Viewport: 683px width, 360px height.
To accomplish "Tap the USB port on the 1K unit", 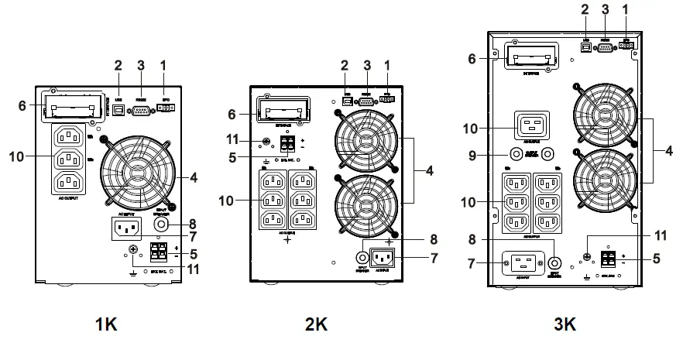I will click(118, 111).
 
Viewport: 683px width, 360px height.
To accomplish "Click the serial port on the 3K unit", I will click(606, 46).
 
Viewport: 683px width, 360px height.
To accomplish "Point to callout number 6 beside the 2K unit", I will click(232, 113).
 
